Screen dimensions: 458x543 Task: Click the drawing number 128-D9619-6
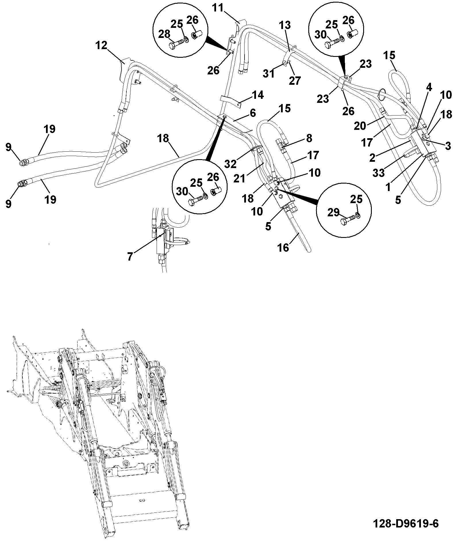click(406, 523)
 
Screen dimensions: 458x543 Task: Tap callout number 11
click(218, 8)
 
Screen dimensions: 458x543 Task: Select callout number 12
click(101, 45)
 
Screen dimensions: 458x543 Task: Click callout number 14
click(257, 95)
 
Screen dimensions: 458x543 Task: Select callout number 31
click(269, 74)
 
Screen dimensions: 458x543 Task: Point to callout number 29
click(334, 213)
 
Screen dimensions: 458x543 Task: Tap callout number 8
click(309, 138)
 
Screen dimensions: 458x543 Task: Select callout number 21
click(239, 178)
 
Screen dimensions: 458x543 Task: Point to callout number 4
click(429, 88)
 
